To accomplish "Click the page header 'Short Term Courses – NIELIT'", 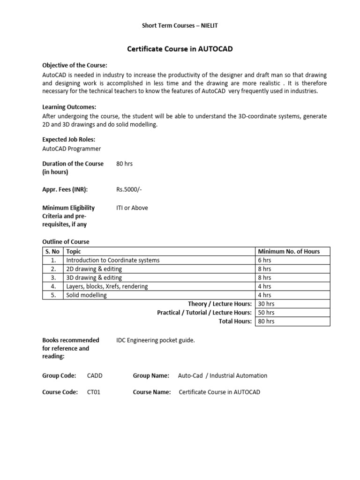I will tap(180, 26).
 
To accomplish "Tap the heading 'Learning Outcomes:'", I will tap(69, 107).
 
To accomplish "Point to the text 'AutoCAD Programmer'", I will tap(72, 149).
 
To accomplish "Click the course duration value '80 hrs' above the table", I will tap(125, 164).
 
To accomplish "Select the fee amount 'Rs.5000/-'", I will tap(129, 190).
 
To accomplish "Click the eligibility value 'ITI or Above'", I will tap(132, 208).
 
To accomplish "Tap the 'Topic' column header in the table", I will tap(74, 251).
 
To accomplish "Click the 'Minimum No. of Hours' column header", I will tap(289, 251).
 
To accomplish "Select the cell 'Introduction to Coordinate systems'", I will tap(113, 260).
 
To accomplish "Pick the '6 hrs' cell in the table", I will tap(264, 260).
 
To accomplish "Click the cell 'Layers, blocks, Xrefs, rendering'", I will tap(107, 286).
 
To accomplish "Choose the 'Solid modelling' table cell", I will tap(86, 295).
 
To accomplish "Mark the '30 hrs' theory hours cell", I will tap(266, 304).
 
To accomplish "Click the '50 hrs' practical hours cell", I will tap(266, 313).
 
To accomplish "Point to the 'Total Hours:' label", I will tap(235, 321).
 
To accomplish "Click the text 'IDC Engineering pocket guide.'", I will tap(155, 340).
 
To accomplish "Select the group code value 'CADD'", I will tap(95, 375).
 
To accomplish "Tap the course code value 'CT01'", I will tap(94, 392).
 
